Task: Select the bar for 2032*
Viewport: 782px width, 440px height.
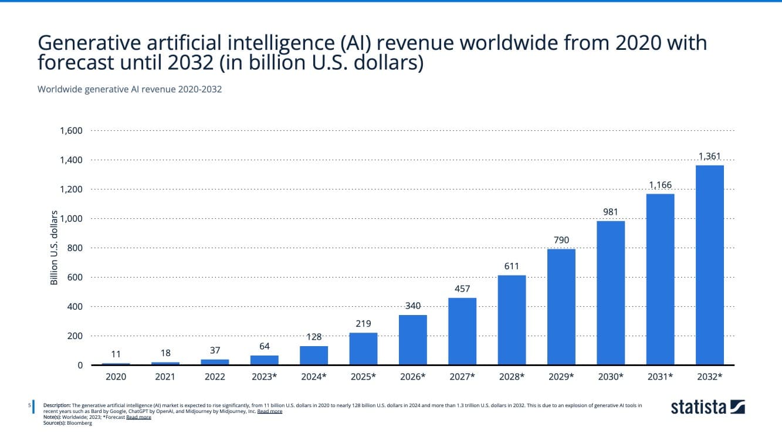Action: [709, 265]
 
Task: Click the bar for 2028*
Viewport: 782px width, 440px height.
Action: [512, 320]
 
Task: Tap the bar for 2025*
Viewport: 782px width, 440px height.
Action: [363, 349]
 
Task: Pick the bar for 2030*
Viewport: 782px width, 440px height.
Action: [610, 293]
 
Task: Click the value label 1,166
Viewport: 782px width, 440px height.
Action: [660, 185]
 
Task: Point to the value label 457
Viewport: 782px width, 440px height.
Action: [462, 289]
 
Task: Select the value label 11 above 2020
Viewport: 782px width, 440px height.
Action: [116, 354]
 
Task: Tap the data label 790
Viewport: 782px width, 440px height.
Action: [561, 240]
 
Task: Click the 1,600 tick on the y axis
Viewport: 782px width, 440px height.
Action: [71, 131]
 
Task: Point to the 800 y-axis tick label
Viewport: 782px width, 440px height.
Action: [75, 248]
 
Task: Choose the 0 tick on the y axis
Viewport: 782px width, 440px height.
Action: [80, 365]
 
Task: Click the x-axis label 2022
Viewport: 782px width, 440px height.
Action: [215, 377]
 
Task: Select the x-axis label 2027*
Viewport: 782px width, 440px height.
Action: [462, 377]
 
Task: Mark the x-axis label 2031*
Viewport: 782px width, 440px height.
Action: [660, 377]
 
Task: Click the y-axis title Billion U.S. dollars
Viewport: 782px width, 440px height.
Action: [54, 248]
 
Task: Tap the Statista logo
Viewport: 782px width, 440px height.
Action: [707, 407]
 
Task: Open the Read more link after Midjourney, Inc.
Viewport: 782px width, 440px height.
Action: [269, 411]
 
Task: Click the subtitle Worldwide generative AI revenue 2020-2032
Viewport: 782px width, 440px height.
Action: [129, 89]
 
